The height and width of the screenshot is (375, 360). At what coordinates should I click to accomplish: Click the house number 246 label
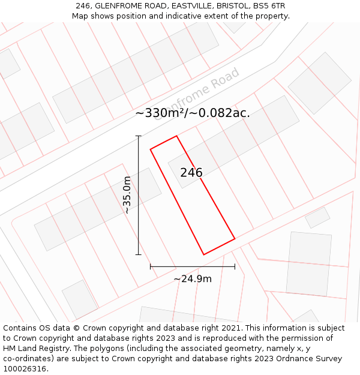coord(191,173)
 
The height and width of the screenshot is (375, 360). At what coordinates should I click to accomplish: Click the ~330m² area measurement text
coord(192,113)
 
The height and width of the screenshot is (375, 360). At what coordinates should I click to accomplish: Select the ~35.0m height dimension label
coord(127,195)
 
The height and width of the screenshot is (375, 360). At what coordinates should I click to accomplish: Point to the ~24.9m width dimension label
coord(193,279)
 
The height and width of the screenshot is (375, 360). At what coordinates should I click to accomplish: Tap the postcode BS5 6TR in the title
coord(269,6)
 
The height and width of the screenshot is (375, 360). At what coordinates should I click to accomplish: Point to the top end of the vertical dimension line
coord(139,136)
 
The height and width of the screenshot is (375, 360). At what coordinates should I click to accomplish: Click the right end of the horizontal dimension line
coord(235,266)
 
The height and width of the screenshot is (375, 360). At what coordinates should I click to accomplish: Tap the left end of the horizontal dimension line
coord(150,266)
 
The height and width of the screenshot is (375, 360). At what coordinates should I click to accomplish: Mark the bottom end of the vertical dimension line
coord(139,254)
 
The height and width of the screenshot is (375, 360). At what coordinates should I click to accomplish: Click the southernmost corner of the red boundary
coord(204,254)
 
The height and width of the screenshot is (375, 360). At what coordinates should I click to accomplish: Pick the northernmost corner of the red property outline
coord(176,136)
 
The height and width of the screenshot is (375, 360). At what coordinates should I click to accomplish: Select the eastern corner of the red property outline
coord(235,239)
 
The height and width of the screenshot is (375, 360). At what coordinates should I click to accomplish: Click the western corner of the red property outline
coord(150,149)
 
